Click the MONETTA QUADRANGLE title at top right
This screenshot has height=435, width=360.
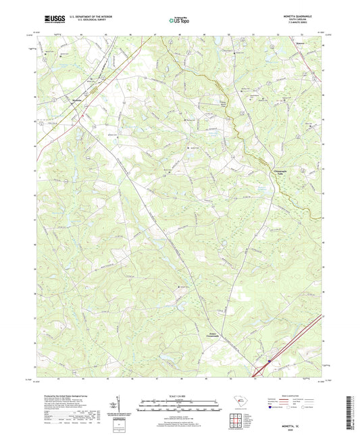pos(300,16)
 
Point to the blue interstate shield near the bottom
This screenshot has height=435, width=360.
pos(268,361)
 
